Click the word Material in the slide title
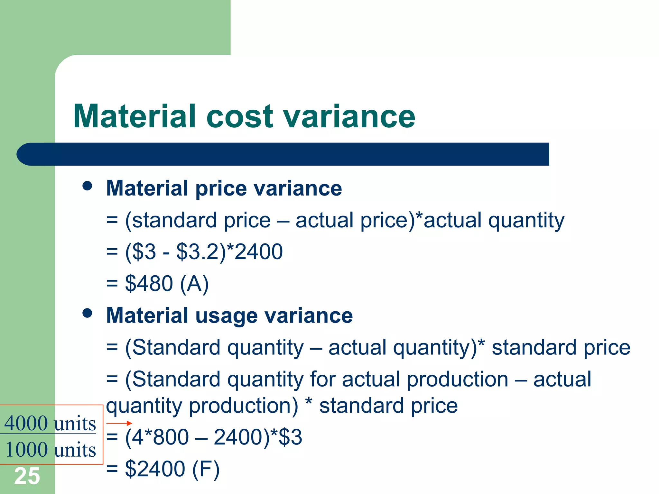[135, 116]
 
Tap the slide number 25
[27, 476]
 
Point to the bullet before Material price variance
[87, 186]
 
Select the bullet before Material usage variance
[87, 313]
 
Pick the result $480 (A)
[167, 284]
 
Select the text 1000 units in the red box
[51, 450]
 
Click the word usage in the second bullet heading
[227, 316]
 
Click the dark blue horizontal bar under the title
[283, 154]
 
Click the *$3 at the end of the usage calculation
[286, 437]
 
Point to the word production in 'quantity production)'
[243, 406]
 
